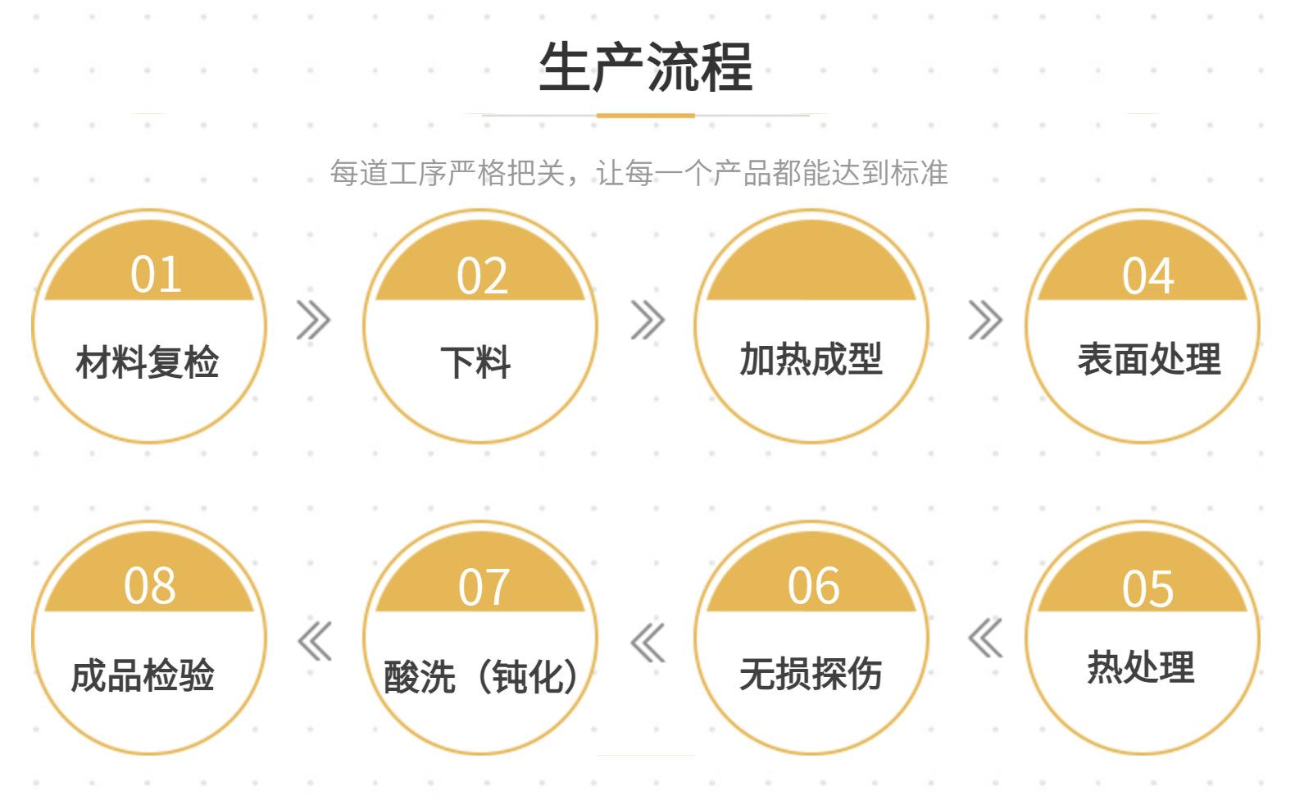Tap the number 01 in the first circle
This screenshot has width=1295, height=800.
coord(156,275)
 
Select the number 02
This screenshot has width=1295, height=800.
coord(482,276)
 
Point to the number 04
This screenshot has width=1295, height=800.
coord(1147,276)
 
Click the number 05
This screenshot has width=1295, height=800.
coord(1147,589)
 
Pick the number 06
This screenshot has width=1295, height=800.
coord(813,586)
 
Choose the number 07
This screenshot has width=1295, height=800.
coord(484,587)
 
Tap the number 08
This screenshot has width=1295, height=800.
coord(149,586)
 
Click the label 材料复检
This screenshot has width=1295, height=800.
coord(148,361)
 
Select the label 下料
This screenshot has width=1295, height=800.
coord(475,361)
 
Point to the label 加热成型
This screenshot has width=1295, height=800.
coord(811,359)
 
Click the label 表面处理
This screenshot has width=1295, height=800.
coord(1148,359)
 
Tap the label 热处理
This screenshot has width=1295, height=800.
coord(1140,667)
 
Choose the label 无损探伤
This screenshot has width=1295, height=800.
coord(811,674)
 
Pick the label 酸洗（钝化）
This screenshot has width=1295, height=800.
coord(482,677)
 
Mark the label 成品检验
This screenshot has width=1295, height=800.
coord(143,675)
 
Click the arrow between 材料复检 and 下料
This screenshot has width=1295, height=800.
coord(313,320)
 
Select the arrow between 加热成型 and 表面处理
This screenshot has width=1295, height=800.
coord(984,320)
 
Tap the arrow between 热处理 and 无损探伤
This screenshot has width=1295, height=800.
coord(985,638)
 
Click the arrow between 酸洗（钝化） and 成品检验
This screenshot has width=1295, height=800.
coord(315,641)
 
